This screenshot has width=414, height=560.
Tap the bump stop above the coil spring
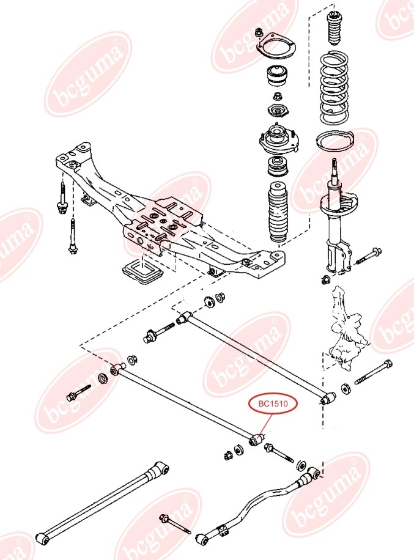point(334,28)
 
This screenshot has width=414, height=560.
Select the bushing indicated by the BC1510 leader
point(257,440)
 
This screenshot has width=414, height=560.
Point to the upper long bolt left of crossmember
point(62,198)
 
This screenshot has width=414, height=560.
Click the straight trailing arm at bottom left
point(101,503)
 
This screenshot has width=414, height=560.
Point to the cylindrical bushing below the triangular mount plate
point(276,76)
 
